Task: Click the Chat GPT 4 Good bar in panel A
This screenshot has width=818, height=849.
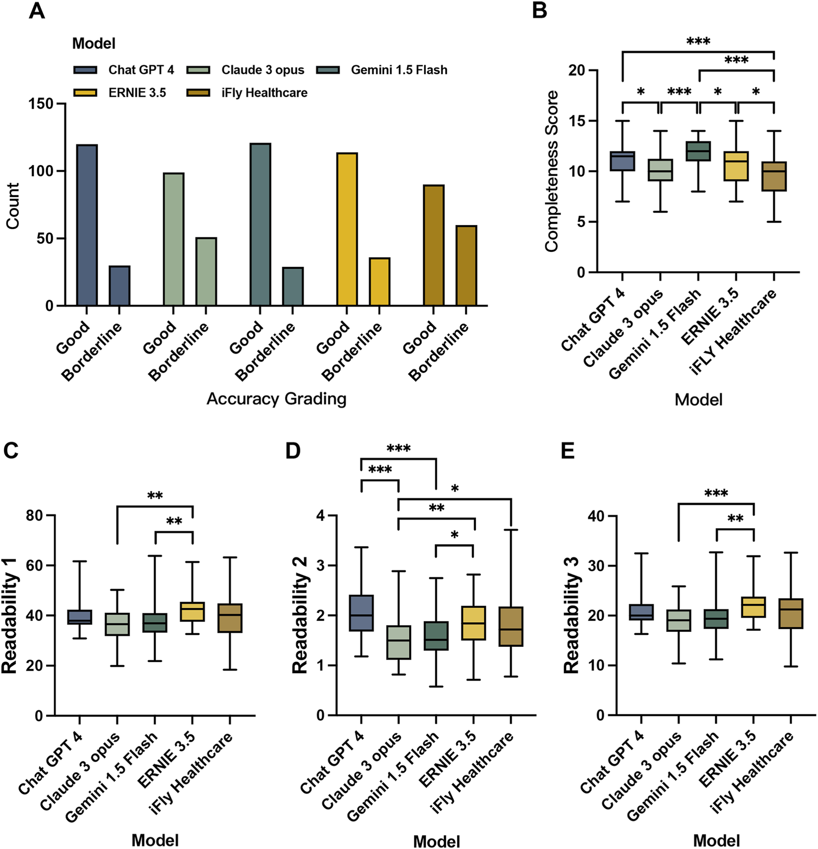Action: [x=87, y=225]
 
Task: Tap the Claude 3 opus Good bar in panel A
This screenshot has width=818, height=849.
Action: [x=173, y=239]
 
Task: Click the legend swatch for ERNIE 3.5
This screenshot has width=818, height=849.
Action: [x=85, y=93]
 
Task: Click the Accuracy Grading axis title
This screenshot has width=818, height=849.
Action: [x=276, y=399]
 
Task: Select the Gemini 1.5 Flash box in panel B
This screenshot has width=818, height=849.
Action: [x=698, y=151]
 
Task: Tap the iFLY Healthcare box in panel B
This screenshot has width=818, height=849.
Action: [x=774, y=176]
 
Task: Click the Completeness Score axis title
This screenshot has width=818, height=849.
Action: [x=551, y=171]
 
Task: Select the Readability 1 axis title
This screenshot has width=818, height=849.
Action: [x=10, y=616]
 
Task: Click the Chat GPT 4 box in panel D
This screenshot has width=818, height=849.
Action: [x=361, y=613]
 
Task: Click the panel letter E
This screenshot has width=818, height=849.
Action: [x=568, y=451]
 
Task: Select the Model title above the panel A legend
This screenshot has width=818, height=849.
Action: [x=93, y=44]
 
